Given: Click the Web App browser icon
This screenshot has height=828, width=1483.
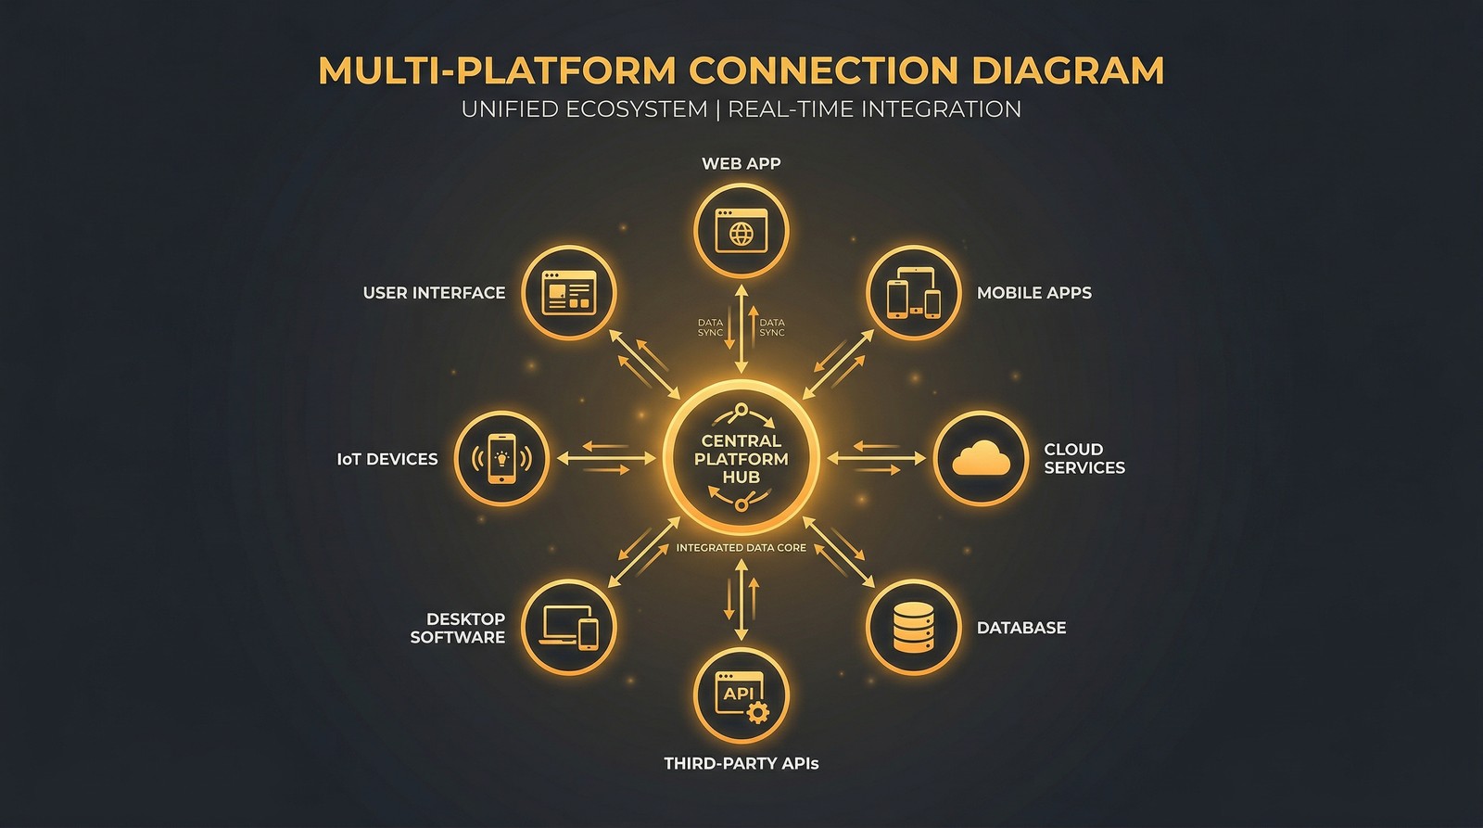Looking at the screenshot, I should click(741, 231).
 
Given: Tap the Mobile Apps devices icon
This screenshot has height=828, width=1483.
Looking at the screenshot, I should click(913, 293).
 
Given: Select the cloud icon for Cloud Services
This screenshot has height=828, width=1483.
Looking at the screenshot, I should click(981, 458).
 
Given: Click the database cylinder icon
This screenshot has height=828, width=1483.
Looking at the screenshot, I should click(913, 628).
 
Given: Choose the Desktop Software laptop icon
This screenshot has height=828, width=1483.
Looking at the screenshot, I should click(569, 628).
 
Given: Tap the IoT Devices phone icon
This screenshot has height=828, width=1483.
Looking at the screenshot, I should click(501, 458).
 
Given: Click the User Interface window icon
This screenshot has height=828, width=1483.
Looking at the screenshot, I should click(568, 293).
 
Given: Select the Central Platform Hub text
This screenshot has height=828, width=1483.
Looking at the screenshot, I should click(741, 459).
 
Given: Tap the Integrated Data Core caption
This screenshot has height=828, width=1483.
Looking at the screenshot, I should click(741, 548).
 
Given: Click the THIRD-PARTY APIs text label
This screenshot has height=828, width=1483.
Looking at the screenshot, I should click(741, 764).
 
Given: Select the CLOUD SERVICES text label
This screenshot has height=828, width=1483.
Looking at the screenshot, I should click(1084, 458).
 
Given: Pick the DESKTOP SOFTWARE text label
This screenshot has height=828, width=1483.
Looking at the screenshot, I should click(458, 628).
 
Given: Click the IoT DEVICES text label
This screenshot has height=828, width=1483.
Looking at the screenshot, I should click(387, 459).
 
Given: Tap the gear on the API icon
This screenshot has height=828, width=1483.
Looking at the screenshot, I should click(758, 712).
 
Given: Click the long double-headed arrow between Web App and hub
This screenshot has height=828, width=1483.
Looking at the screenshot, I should click(741, 329).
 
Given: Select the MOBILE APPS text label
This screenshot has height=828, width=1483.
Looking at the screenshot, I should click(1033, 293).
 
